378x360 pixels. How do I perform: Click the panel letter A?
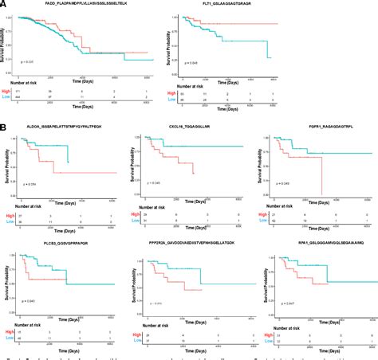click(5, 4)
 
